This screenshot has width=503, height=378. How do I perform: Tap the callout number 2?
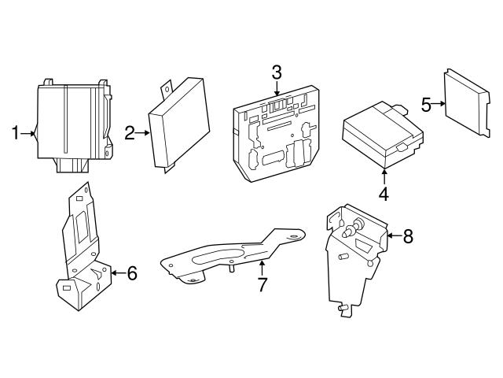130,134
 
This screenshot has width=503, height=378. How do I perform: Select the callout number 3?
277,72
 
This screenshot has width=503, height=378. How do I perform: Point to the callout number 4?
384,193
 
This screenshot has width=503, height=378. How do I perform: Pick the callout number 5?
426,104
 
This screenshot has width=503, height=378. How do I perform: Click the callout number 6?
131,273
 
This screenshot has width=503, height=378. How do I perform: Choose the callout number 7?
263,282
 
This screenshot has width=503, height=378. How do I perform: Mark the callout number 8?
406,236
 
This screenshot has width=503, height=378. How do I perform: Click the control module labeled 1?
71,122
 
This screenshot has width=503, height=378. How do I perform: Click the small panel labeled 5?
464,102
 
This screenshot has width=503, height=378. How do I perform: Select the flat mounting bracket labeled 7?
228,256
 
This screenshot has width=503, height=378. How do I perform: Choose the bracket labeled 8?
354,252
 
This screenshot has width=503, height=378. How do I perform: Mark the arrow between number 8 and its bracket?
392,235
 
